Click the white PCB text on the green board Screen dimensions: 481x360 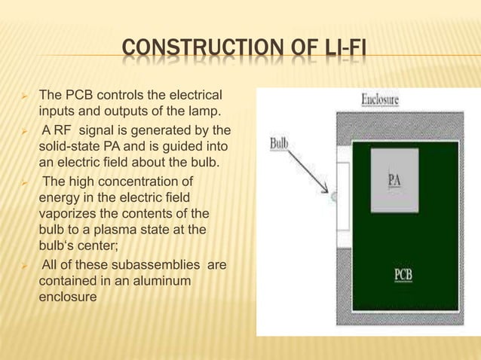coord(403,273)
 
